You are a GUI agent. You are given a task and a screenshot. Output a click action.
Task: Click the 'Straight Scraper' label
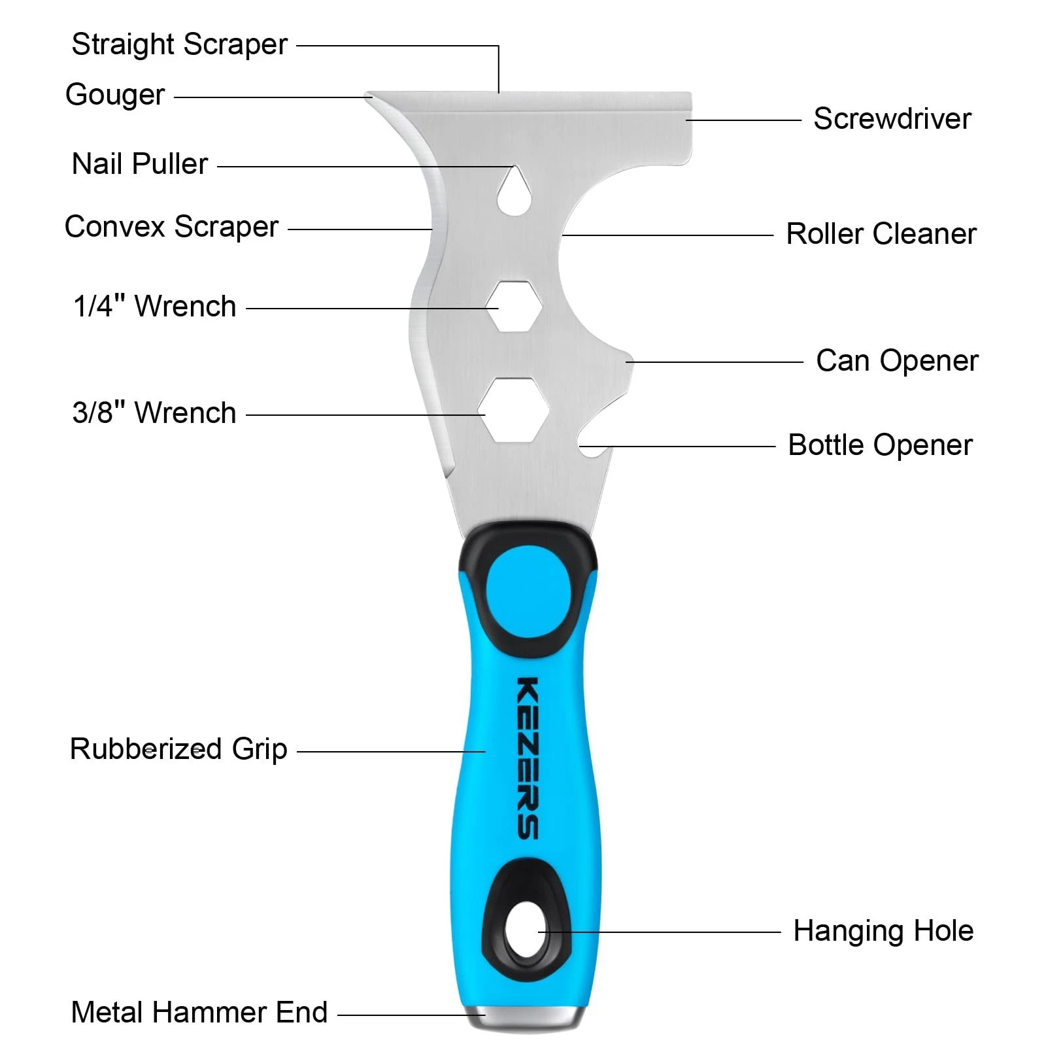pos(179,45)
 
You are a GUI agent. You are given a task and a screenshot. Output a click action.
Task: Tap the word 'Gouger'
pos(115,95)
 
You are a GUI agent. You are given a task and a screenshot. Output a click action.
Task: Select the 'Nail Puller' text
pos(139,164)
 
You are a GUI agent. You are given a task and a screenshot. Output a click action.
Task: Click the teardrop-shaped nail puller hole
pos(514,193)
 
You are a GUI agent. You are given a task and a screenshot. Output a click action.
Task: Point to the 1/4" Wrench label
pos(154,307)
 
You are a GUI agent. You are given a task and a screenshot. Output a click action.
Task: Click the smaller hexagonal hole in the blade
pos(515,306)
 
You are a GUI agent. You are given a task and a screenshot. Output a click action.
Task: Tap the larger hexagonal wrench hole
pos(514,410)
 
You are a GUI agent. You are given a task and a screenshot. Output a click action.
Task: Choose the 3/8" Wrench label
pos(154,413)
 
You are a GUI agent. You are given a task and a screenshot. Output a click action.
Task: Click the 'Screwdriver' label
pos(892,119)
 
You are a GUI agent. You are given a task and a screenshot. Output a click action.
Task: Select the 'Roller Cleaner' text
pos(881,234)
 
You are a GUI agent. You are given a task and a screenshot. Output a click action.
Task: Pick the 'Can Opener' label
pos(897,361)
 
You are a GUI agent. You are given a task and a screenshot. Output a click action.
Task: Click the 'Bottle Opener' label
pos(880,445)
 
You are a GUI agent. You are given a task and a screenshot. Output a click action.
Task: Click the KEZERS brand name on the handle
pos(528,758)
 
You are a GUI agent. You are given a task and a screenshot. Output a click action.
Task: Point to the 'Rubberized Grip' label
pos(178,749)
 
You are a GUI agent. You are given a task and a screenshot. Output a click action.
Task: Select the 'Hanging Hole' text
pos(883,931)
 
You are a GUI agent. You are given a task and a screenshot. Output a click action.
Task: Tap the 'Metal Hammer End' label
pos(199,1013)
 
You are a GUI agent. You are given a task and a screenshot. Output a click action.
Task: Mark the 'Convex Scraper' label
pos(171,228)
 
